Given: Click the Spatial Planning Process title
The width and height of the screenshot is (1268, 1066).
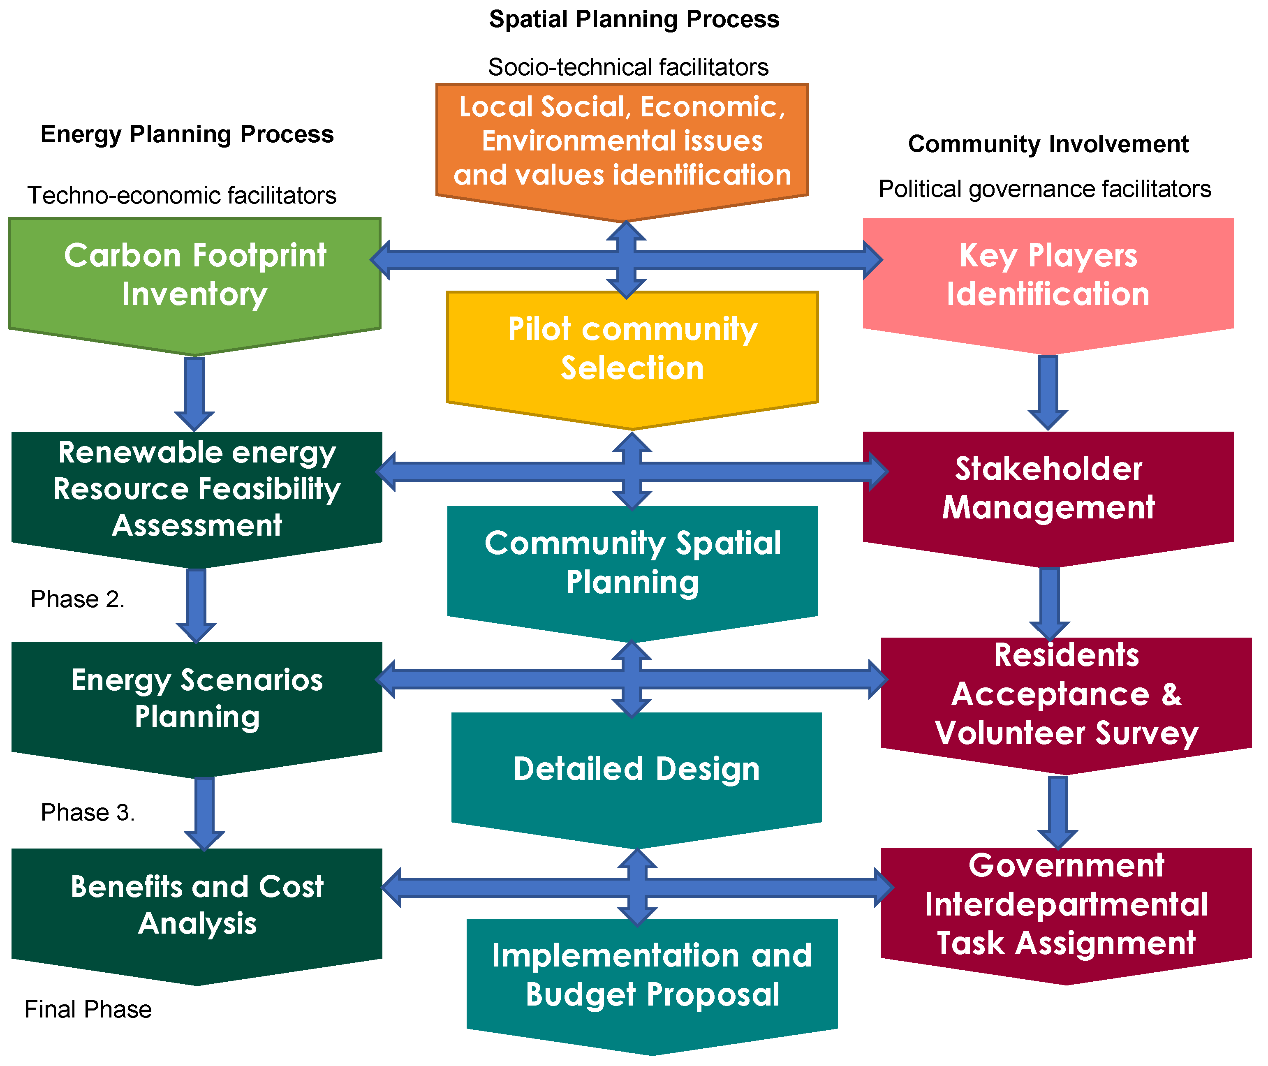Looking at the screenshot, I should click(x=634, y=19).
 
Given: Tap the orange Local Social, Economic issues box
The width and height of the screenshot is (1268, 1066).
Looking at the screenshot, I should click(x=622, y=141).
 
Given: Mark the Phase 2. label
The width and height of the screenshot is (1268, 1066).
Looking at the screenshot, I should click(x=77, y=599).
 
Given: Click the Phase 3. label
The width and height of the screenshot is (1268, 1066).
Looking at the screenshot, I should click(x=88, y=813).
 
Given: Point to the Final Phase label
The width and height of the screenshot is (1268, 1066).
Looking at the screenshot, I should click(x=88, y=1010).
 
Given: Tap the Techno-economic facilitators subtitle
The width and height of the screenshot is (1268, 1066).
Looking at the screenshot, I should click(x=182, y=196).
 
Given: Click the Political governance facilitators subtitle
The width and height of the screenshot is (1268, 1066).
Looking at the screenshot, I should click(x=1044, y=189).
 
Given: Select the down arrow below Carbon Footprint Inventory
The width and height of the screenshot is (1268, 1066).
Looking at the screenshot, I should click(x=194, y=393).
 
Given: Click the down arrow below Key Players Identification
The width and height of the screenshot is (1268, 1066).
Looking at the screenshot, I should click(x=1047, y=392).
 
